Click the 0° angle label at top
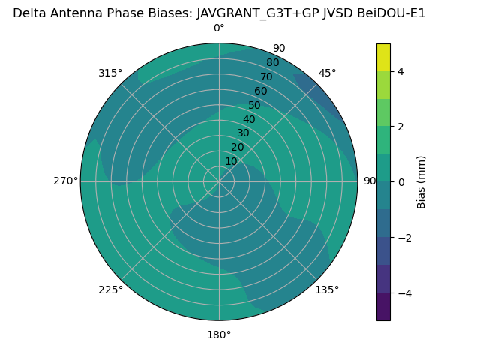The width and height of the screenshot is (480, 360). pyautogui.click(x=219, y=28)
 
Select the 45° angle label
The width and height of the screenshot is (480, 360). pyautogui.click(x=327, y=73)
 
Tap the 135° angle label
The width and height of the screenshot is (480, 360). pyautogui.click(x=327, y=289)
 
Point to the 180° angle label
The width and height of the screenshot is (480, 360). pyautogui.click(x=219, y=334)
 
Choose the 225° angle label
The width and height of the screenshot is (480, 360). pyautogui.click(x=110, y=289)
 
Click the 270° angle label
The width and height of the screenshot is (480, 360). pyautogui.click(x=65, y=181)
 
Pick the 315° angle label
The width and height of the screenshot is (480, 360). pyautogui.click(x=110, y=73)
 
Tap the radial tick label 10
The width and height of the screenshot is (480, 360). pyautogui.click(x=231, y=161)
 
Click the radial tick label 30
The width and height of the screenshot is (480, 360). pyautogui.click(x=243, y=133)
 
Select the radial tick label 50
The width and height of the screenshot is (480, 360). pyautogui.click(x=255, y=106)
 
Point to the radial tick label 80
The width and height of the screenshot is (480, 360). pyautogui.click(x=272, y=63)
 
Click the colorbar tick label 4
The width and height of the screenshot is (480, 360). pyautogui.click(x=400, y=71)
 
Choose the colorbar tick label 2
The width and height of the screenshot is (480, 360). pyautogui.click(x=400, y=127)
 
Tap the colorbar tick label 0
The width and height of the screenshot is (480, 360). pyautogui.click(x=400, y=182)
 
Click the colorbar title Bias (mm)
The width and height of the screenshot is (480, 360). pyautogui.click(x=421, y=181)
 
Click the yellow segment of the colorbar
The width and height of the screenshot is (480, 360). pyautogui.click(x=383, y=57)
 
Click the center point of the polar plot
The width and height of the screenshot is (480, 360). pyautogui.click(x=219, y=181)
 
